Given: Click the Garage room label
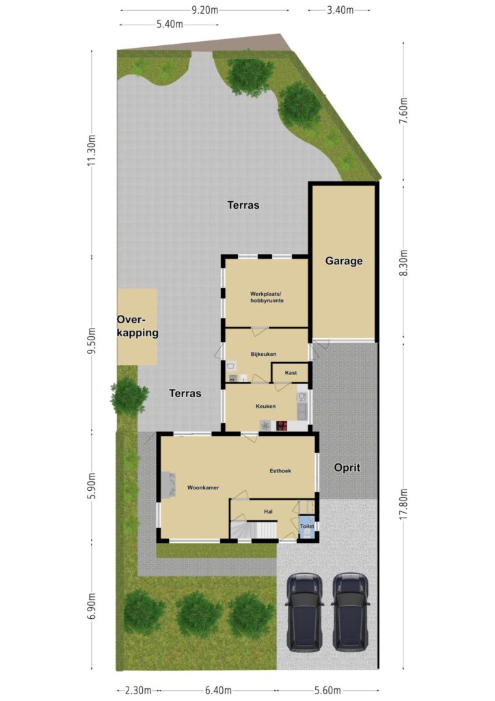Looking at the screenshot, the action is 344,261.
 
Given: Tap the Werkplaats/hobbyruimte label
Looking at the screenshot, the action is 267,297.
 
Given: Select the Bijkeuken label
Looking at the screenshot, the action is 263,354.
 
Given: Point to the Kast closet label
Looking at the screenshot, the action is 291,373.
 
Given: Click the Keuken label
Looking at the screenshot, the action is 265,407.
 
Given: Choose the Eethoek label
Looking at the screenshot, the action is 280,471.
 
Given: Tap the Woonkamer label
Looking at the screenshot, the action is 203,487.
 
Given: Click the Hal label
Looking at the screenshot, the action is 268,511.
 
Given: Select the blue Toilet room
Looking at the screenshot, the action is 307,527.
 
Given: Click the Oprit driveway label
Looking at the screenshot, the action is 347,468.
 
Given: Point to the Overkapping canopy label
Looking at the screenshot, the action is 137,327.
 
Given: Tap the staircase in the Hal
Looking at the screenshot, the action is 254,531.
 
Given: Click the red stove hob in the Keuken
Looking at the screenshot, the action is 282,426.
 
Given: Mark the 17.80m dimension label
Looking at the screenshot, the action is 403,503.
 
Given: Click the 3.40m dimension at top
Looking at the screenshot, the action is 340,10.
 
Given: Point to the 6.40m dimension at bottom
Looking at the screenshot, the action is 218,691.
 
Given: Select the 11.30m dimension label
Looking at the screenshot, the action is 92,150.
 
